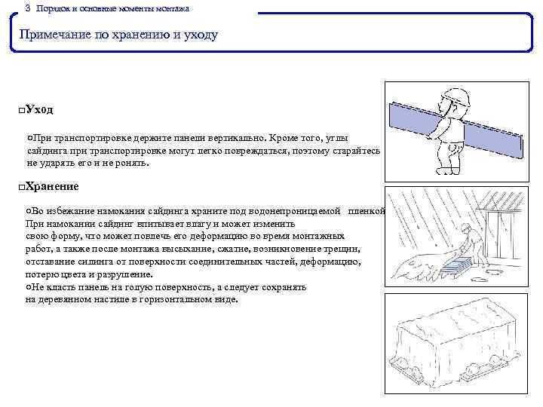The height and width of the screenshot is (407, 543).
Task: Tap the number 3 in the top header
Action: [x=28, y=8]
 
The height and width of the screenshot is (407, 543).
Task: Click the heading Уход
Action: [x=39, y=110]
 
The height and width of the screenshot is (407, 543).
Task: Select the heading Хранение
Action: [x=52, y=186]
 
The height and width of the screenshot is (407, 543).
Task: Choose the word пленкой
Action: [x=367, y=212]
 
